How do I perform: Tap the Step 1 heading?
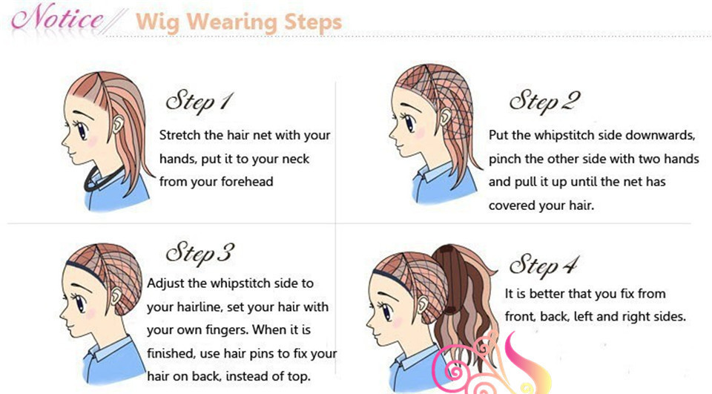point(200,102)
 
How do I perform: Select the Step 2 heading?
point(544,102)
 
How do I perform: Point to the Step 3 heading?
point(200,254)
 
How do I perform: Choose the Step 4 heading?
point(544,265)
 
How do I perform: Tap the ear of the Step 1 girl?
point(119,124)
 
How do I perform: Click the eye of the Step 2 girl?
point(409,122)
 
